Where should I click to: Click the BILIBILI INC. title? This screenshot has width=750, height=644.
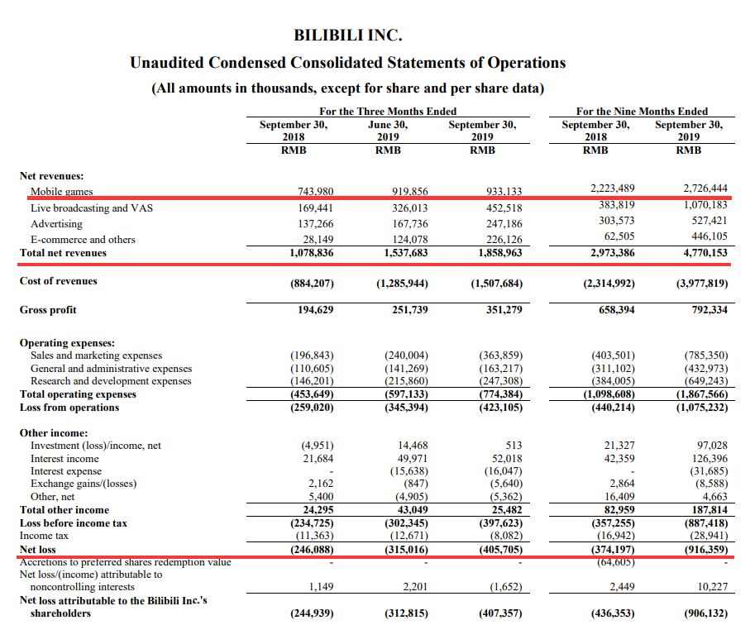(347, 36)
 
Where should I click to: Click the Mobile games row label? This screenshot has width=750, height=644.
(61, 192)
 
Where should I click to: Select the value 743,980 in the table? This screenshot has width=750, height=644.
(315, 192)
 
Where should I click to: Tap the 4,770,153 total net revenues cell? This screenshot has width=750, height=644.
(702, 252)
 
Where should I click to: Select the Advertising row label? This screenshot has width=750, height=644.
(56, 224)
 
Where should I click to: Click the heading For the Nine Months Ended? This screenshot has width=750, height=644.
(642, 111)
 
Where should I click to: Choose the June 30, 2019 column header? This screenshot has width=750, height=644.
(388, 131)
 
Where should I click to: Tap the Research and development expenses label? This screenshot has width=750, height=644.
(111, 381)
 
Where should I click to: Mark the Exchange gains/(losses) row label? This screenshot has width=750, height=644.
(84, 483)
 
